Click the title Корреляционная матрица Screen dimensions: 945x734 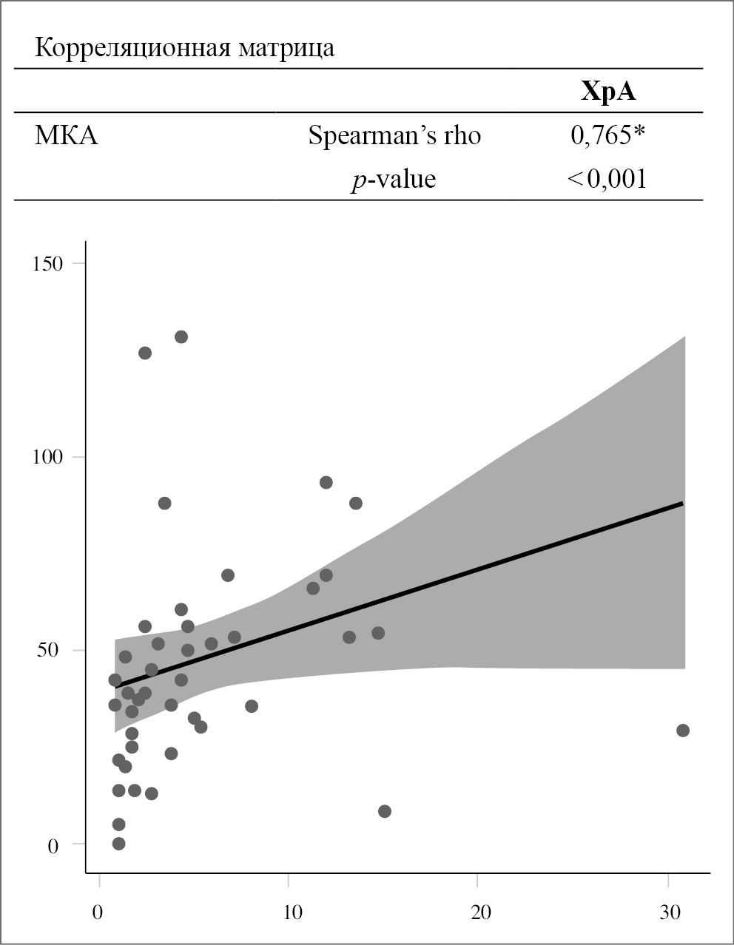pos(185,48)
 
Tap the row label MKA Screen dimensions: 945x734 pos(66,136)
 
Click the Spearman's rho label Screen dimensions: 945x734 pos(394,136)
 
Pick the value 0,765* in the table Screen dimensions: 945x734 pos(608,135)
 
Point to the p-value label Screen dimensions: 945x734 pos(394,179)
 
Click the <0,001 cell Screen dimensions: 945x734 pos(607,179)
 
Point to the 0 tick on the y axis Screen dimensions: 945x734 pos(53,845)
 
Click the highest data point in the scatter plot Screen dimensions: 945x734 pos(181,337)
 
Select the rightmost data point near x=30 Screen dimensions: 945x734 pos(683,731)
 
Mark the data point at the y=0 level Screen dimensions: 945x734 pos(118,844)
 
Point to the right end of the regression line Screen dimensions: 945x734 pos(681,503)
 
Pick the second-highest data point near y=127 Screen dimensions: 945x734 pos(145,353)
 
